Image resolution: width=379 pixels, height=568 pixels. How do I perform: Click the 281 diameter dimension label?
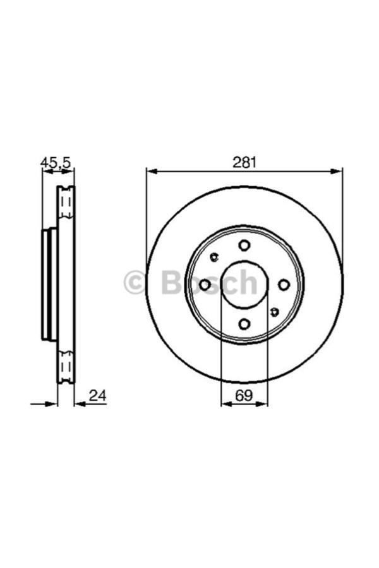click(x=244, y=162)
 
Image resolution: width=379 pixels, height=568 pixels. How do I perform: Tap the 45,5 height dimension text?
click(x=56, y=163)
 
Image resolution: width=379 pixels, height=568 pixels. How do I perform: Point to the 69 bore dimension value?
click(x=244, y=396)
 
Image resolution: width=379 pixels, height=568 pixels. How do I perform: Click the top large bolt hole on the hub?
click(x=244, y=246)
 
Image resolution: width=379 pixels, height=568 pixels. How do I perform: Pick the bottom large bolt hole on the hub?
click(x=244, y=324)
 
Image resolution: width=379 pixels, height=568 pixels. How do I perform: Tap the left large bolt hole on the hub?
click(x=205, y=285)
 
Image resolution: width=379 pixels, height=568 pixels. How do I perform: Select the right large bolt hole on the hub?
click(x=284, y=285)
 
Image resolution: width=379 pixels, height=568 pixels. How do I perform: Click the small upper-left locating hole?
click(x=214, y=257)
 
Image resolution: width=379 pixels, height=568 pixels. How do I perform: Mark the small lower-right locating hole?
click(x=274, y=312)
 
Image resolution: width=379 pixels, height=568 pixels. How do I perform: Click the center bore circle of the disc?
click(x=244, y=285)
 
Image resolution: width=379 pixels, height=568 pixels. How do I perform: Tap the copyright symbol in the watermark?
click(x=135, y=283)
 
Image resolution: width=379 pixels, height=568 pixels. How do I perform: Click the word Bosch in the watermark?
click(x=208, y=283)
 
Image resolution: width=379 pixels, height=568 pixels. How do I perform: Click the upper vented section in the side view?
click(x=65, y=203)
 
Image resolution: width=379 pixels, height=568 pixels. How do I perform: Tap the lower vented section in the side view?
click(x=65, y=367)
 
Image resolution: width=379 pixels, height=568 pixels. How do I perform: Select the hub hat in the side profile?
click(x=48, y=285)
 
